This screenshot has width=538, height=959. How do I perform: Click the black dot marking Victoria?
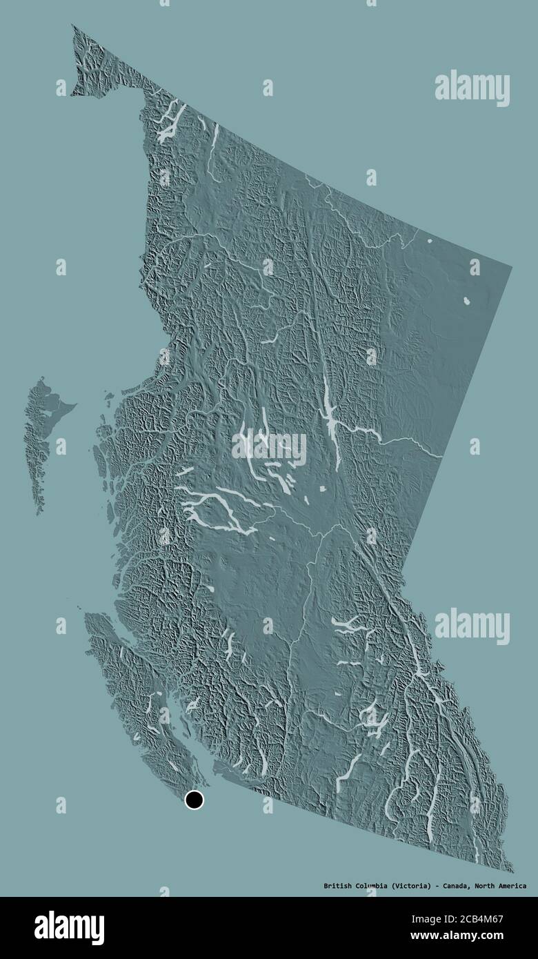click(195, 800)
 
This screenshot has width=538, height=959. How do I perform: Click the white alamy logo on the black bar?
click(69, 928)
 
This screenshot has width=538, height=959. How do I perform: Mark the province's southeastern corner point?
click(512, 871)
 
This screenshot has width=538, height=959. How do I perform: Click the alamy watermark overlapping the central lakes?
click(269, 448)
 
